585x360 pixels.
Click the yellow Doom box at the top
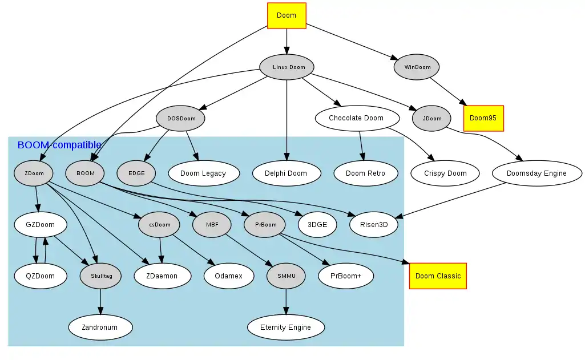point(287,15)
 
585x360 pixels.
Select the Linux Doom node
point(289,67)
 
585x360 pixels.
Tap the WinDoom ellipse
point(417,67)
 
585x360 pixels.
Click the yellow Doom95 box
point(483,118)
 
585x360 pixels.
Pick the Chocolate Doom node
point(356,118)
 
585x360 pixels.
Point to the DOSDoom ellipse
point(181,119)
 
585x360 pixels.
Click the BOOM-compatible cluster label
point(59,145)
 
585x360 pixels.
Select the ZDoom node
point(34,173)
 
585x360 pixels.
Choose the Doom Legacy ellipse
point(203,173)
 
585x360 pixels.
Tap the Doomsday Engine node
point(536,173)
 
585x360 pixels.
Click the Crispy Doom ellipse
point(445,173)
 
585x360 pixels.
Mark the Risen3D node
point(374,224)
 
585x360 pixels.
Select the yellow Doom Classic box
point(438,276)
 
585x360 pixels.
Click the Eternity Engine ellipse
point(285,327)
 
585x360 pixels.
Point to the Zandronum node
point(100,327)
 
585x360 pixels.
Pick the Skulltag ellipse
point(101,276)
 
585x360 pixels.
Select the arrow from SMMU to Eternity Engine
point(286,302)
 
